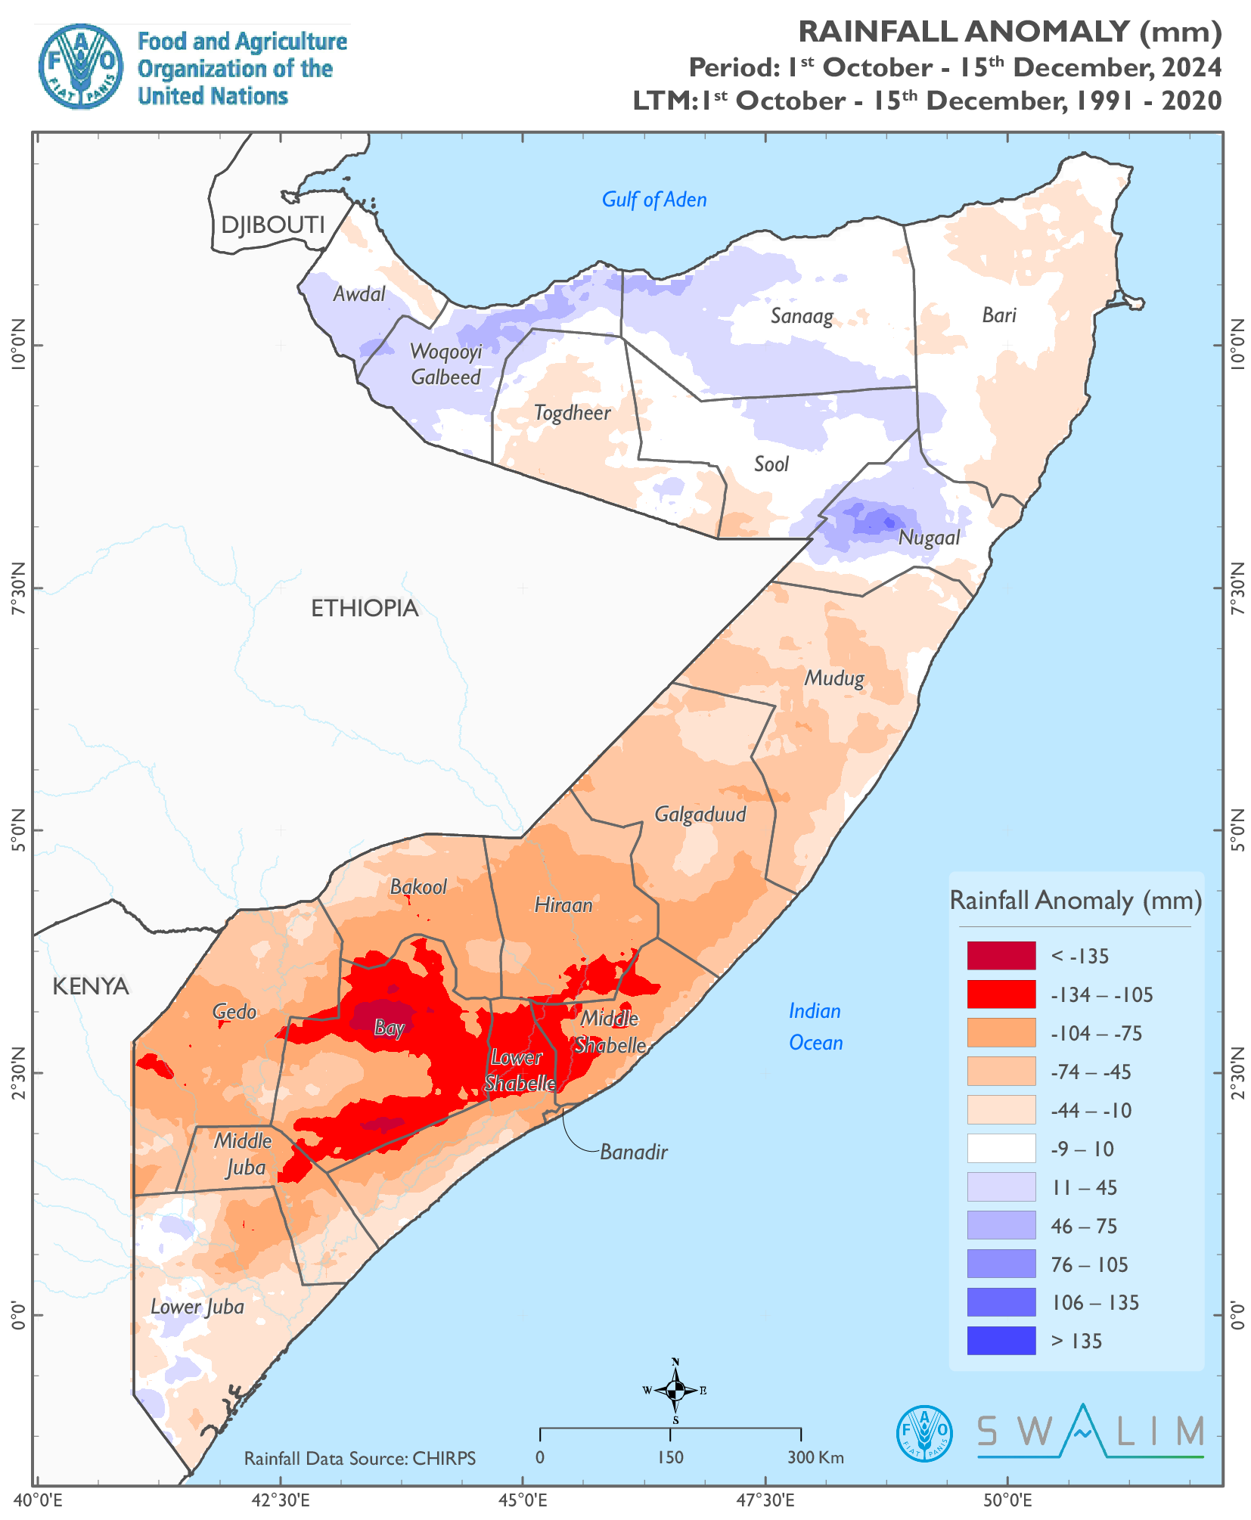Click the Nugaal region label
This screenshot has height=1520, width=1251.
(929, 538)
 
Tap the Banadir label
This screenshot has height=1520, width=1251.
(633, 1152)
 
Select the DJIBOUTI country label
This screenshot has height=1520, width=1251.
(272, 225)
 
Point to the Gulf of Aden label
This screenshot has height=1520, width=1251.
(653, 200)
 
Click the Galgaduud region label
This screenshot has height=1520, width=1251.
(700, 814)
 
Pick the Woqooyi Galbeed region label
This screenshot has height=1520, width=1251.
(445, 364)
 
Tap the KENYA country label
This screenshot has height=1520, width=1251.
(91, 986)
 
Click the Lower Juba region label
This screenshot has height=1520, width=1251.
(197, 1307)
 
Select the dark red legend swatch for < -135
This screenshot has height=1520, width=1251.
(1001, 955)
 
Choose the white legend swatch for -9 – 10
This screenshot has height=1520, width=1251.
(1001, 1148)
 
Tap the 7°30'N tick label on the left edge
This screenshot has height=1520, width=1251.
(18, 588)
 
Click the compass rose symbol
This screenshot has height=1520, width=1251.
(675, 1389)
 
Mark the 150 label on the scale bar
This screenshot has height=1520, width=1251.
(670, 1457)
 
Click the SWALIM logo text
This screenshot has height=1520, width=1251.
(1090, 1432)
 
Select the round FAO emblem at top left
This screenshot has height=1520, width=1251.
(80, 67)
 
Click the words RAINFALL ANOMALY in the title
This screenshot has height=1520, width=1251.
(964, 32)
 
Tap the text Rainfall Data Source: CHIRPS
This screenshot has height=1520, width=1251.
(359, 1458)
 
